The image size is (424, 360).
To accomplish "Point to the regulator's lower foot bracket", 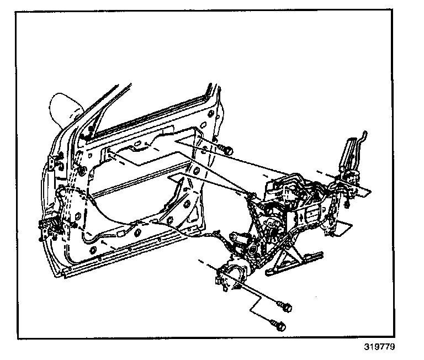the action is click(x=293, y=265).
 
